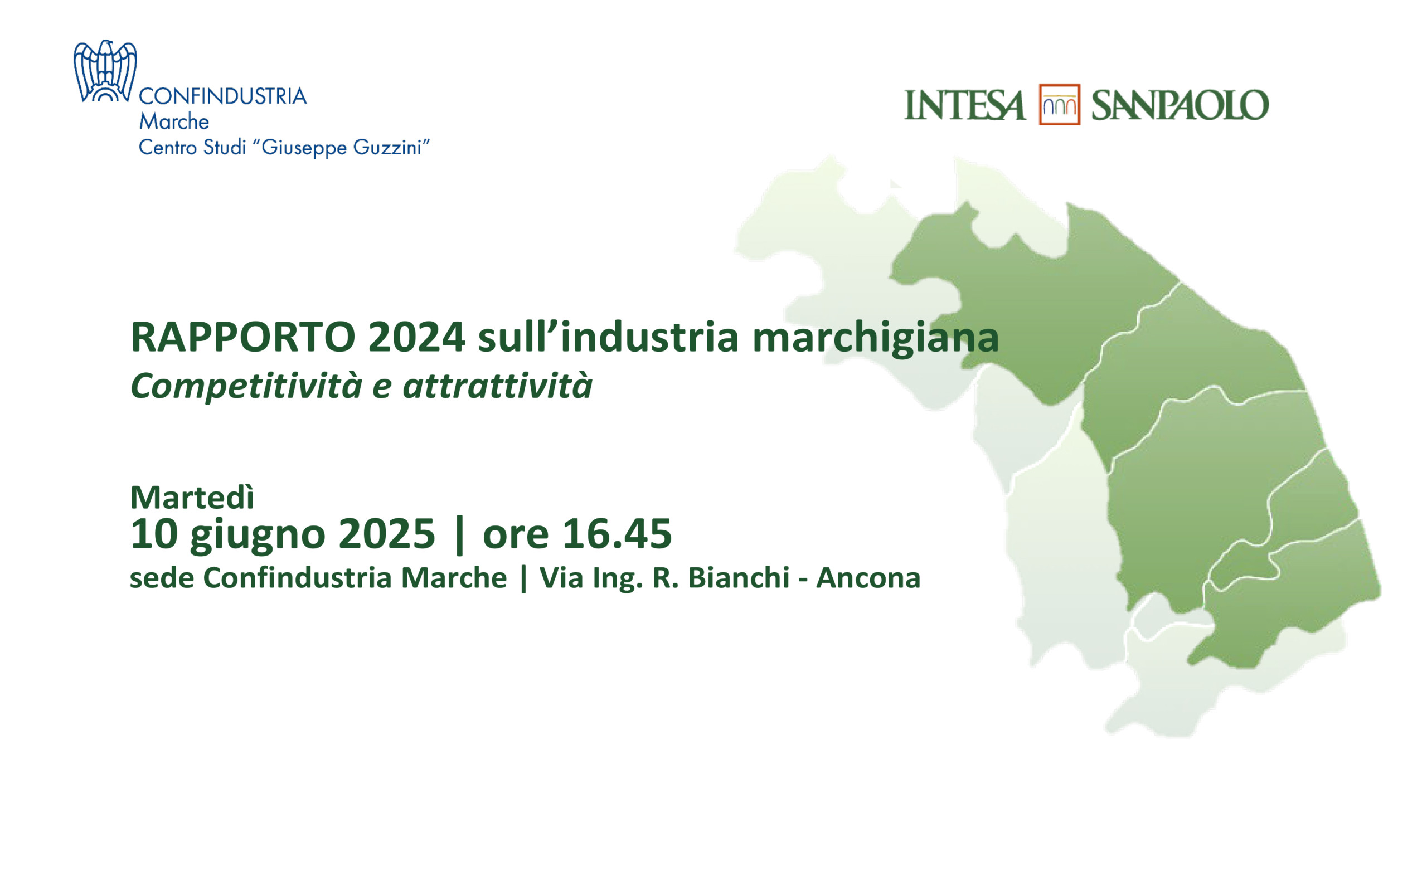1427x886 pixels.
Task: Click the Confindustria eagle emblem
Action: point(105,71)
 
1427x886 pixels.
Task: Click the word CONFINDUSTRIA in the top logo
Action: point(223,96)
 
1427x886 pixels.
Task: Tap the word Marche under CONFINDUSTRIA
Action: point(174,121)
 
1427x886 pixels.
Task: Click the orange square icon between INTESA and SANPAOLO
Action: point(1059,104)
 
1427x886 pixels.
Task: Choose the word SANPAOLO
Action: point(1180,105)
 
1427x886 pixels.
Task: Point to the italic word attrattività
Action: point(498,386)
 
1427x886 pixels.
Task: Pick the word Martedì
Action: point(192,498)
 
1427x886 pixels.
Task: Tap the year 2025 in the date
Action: point(387,534)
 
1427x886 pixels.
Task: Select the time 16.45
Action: point(617,534)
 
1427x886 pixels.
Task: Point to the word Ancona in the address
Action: point(868,578)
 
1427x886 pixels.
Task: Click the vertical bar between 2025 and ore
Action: point(459,534)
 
